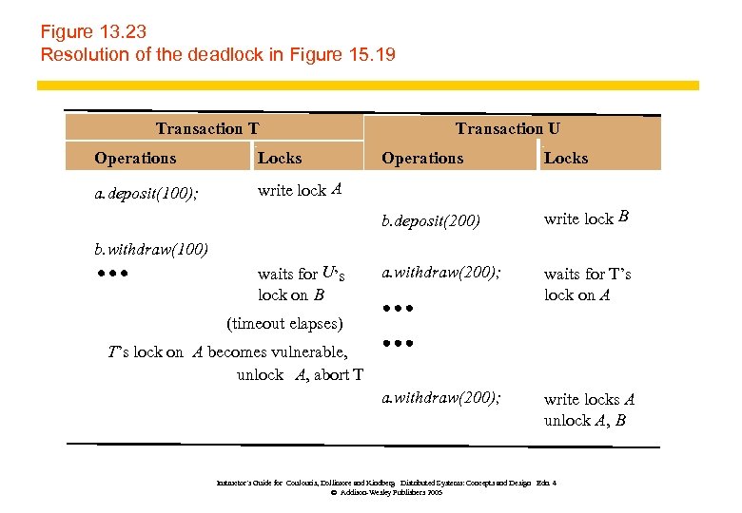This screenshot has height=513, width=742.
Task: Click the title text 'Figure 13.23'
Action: coord(93,31)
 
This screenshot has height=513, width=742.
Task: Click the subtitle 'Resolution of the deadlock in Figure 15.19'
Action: coord(217,54)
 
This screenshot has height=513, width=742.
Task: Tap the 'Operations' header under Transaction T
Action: coord(135,159)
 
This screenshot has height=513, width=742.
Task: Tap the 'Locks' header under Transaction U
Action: coord(566,159)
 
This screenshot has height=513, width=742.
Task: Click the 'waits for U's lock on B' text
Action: coord(301,284)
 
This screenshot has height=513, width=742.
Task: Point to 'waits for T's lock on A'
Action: coord(587,284)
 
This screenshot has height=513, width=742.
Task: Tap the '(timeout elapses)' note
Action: coord(284,323)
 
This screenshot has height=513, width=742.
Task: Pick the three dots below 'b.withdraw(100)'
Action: coord(111,275)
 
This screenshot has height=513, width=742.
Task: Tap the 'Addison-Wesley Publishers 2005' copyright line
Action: coord(385,493)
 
